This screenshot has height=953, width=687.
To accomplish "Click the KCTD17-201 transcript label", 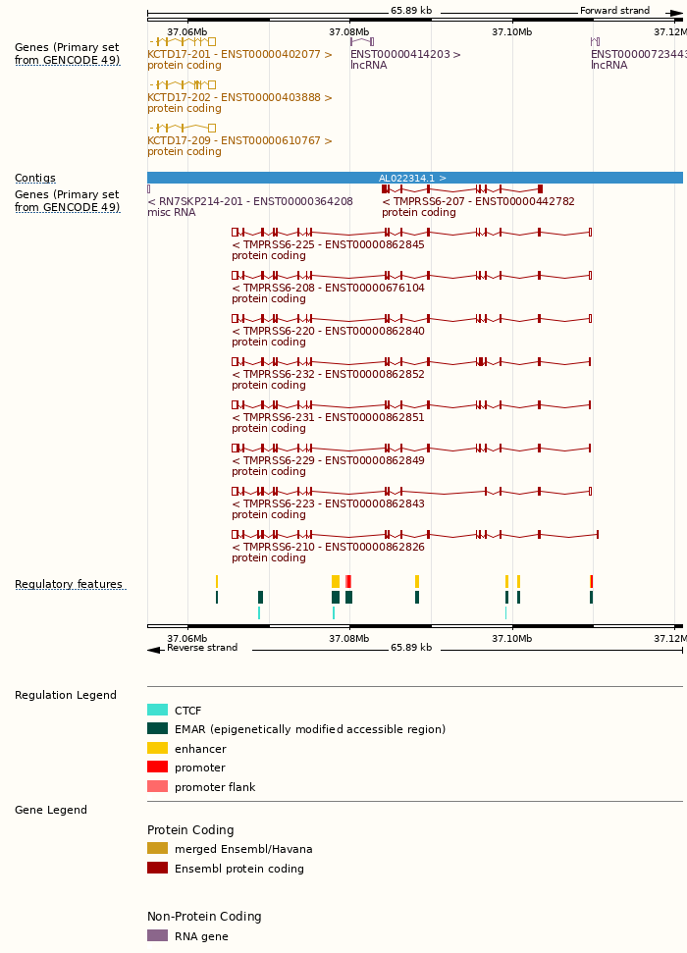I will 239,55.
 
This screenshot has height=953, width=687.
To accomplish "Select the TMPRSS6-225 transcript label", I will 328,245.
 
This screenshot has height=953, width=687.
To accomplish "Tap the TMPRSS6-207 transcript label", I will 478,202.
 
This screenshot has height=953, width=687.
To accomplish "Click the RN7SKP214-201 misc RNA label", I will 249,202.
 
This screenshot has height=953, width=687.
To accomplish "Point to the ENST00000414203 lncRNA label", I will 405,55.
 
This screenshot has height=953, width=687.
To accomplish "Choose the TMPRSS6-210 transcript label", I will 328,548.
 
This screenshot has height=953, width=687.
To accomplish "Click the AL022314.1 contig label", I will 412,179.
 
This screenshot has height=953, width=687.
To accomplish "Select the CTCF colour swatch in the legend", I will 157,711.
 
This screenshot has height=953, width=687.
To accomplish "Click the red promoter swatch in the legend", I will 157,768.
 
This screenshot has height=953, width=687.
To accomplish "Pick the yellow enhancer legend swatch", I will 157,749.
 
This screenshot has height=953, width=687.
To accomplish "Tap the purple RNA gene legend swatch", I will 157,936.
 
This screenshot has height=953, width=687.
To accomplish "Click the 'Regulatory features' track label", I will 69,585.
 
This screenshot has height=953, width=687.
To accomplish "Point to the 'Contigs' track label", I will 35,179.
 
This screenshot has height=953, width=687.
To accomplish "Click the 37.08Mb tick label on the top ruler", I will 349,32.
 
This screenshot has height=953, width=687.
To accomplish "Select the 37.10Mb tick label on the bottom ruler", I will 512,639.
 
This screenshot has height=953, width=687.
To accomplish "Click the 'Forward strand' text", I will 614,11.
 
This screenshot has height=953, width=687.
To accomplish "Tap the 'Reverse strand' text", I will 202,648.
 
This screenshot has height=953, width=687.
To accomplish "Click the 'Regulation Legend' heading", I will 66,696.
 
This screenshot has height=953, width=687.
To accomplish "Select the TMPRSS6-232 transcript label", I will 328,375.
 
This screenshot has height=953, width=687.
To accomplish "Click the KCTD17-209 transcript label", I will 239,141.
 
